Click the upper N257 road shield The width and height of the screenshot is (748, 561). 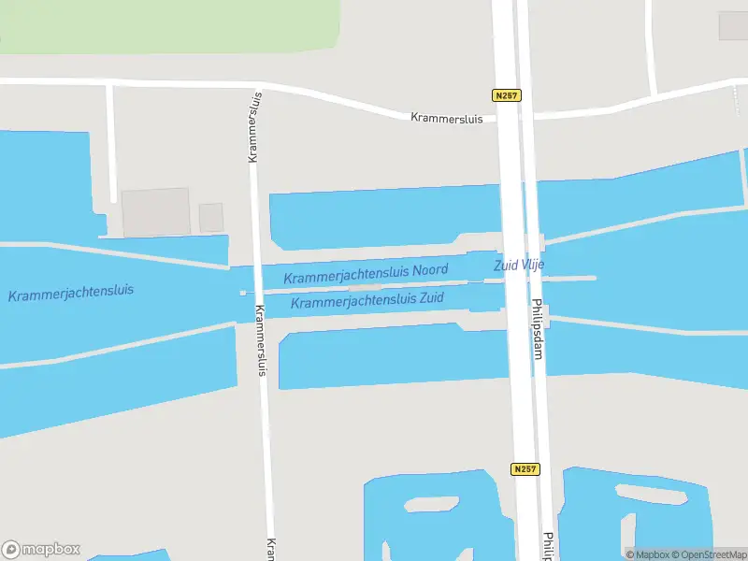coord(506,95)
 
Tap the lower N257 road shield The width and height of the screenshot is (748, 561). coord(525,469)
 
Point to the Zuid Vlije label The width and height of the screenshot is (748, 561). coord(519,266)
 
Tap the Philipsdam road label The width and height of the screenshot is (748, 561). coord(538,337)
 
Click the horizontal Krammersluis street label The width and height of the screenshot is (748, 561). coord(447,118)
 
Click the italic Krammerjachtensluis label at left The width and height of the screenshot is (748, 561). coord(71,293)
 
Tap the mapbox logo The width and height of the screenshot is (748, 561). coord(41,550)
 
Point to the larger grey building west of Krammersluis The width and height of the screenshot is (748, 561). coord(155,212)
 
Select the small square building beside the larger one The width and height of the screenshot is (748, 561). coord(211,218)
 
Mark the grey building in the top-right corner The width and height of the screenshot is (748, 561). coord(733,25)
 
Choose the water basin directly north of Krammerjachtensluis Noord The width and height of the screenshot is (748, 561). coord(383,217)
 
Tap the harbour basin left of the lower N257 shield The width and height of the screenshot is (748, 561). coord(435,519)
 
